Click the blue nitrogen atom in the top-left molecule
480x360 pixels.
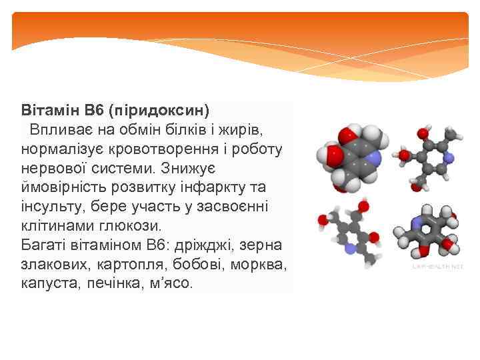[374, 158]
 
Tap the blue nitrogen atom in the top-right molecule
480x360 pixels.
[449, 158]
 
